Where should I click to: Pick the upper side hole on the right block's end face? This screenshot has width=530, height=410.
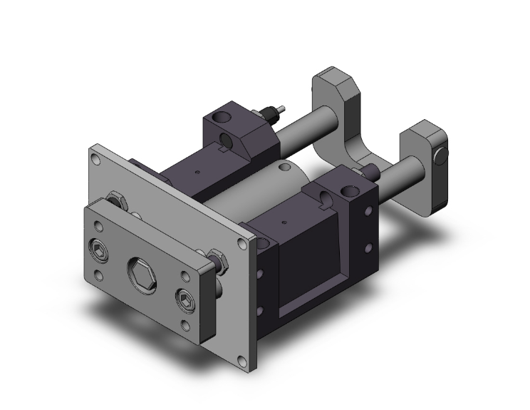369,212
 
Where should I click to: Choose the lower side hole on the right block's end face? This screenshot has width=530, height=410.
368,248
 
